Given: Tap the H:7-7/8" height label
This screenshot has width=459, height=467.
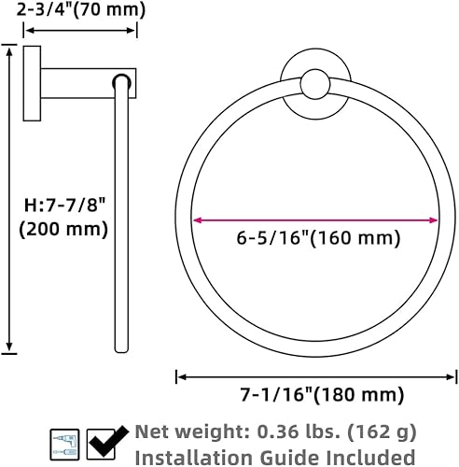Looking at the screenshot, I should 63,203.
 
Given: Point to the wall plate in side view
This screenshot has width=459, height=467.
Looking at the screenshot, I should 33,83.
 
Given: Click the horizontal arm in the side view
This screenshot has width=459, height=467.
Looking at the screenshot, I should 89,82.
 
